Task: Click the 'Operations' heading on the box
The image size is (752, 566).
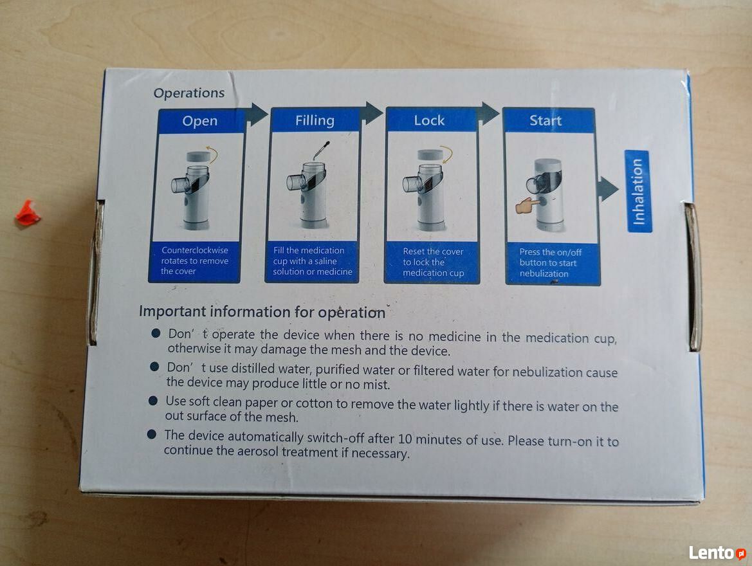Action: point(189,93)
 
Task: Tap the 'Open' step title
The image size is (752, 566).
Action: point(200,121)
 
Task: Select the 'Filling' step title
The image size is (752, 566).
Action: point(315,120)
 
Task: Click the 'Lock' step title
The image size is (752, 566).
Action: point(429,120)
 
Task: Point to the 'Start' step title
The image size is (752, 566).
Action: point(546,120)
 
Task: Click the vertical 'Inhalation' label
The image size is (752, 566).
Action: point(638,192)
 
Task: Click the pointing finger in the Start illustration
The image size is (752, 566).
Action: point(527,205)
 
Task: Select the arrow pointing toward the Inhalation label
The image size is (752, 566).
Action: point(608,189)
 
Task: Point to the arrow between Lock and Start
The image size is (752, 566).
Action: point(489,114)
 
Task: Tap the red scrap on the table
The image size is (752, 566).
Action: point(28,214)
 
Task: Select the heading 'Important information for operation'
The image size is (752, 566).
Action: point(262,312)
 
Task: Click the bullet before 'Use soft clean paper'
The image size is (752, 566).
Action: point(154,401)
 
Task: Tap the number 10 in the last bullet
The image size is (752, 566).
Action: point(405,439)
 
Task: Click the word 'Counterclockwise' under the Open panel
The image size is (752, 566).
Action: point(195,250)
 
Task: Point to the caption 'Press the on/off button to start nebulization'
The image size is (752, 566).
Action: point(549,262)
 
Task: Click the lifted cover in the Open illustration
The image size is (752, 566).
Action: point(198,156)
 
